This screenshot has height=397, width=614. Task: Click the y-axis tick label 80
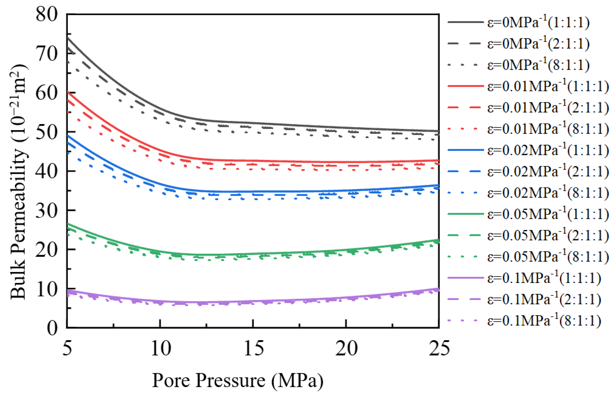[x=46, y=15]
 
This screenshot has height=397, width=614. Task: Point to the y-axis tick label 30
[x=46, y=211]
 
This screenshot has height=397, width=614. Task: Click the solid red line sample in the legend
[x=465, y=86]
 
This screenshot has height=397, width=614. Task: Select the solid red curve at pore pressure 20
[x=346, y=162]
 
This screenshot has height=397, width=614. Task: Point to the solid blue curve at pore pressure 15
[x=253, y=192]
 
